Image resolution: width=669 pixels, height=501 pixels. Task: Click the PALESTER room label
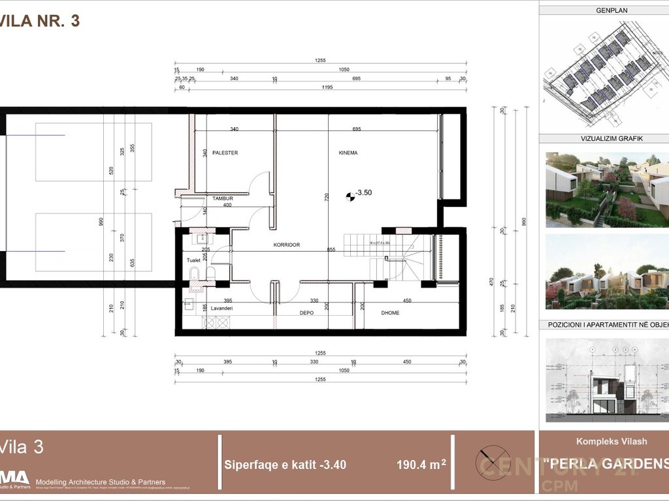225,153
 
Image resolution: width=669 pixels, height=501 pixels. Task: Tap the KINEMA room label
348,153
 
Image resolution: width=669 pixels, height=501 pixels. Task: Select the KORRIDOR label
287,245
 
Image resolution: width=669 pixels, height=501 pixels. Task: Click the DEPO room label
307,313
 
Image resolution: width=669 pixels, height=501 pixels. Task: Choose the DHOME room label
390,313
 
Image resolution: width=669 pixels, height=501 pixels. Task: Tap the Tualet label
194,260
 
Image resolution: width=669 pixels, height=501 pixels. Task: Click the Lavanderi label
221,307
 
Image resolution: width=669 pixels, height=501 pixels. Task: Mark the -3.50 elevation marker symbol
350,193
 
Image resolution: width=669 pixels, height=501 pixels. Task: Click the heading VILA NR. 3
41,21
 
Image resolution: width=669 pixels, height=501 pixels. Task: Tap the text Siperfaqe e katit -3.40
285,464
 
